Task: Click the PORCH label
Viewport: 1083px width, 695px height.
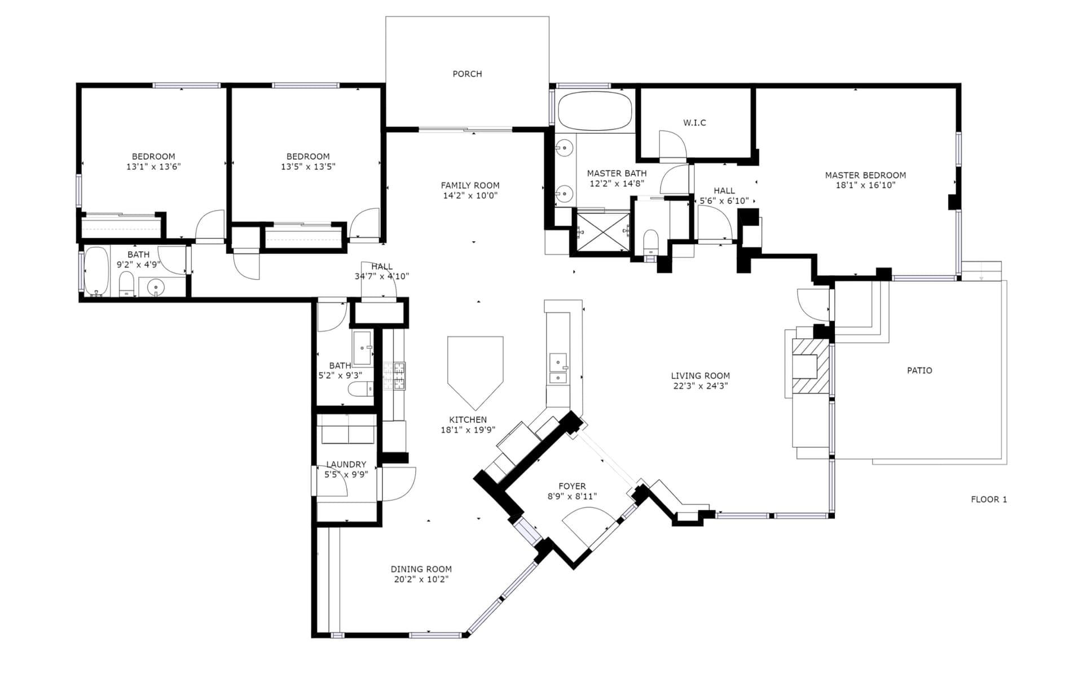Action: coord(467,74)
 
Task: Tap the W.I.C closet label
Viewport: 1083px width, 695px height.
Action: coord(694,123)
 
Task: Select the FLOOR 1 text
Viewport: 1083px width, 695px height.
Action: coord(989,499)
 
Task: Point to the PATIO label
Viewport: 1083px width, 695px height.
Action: coord(919,370)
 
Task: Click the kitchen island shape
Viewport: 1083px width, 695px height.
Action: coord(475,370)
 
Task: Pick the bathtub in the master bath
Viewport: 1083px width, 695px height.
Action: coord(595,111)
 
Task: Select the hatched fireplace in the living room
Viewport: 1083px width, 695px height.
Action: coord(811,366)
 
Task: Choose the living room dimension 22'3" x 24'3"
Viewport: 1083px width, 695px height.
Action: coord(701,386)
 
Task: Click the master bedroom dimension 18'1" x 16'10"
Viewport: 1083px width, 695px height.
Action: coord(865,185)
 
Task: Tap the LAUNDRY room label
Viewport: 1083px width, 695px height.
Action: coord(346,465)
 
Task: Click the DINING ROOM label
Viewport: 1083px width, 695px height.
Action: coord(421,569)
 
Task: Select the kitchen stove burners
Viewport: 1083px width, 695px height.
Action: coord(394,376)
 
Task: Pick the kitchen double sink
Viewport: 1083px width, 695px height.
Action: coord(558,368)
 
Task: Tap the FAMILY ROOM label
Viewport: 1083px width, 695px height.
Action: coord(470,186)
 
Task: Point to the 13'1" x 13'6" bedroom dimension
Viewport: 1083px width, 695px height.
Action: coord(153,167)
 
